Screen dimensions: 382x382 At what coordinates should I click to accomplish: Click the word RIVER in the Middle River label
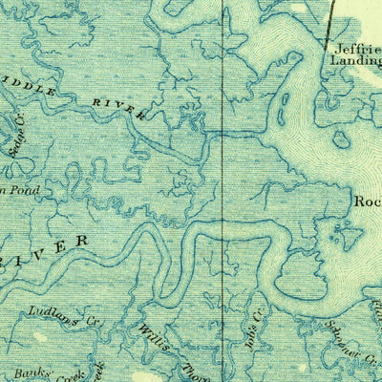(119, 106)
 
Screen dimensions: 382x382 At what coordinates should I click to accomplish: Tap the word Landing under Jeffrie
(355, 65)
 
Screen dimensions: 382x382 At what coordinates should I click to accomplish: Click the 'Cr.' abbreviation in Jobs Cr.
(256, 298)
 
